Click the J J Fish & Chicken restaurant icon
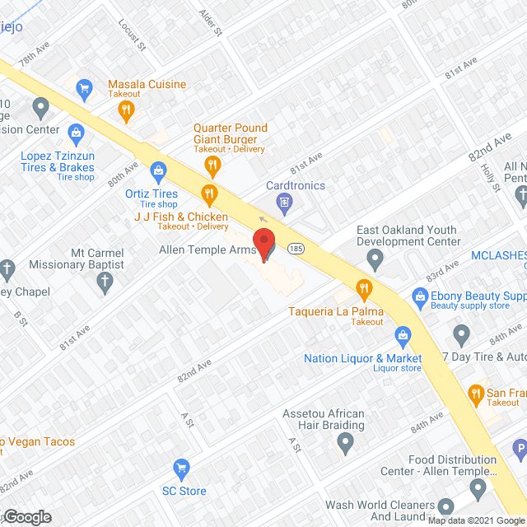tap(209, 195)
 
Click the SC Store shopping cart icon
tap(181, 469)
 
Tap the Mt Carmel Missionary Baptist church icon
tap(105, 284)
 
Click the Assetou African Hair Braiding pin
tap(346, 445)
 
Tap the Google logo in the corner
tap(26, 516)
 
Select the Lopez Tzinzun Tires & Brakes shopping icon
tap(76, 132)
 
